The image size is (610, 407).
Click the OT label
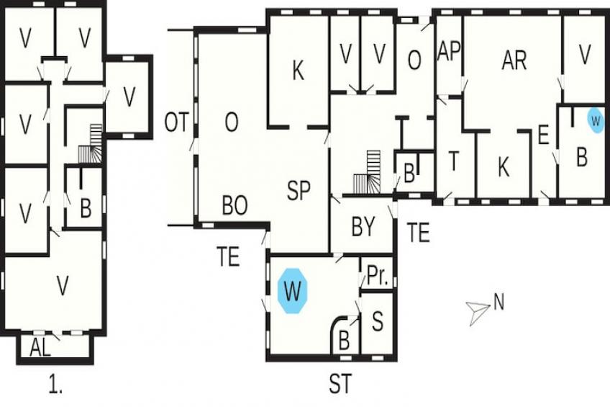point(177,122)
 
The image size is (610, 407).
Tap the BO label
point(235,205)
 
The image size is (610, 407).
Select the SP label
point(299,190)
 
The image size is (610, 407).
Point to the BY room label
point(363,226)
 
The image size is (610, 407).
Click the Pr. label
point(378,276)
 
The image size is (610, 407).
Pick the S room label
point(378,321)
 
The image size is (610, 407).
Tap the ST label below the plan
point(340,383)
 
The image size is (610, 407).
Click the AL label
point(40,347)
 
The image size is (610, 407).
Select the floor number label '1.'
point(55,383)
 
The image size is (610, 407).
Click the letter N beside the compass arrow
point(499,302)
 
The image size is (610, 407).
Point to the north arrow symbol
point(478,313)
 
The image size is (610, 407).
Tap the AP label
point(449,50)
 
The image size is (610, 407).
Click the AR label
point(514,61)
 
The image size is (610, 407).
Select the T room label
point(454,161)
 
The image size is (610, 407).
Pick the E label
point(542,135)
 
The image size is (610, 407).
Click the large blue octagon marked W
point(293,290)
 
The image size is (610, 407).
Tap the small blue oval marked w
point(595,120)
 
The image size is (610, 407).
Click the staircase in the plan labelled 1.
point(91,144)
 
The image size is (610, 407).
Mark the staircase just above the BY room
point(368,171)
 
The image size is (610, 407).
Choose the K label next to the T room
point(503,167)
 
